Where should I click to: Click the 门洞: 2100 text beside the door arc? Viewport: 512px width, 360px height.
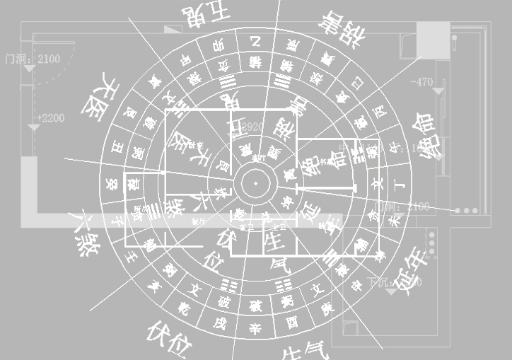[33, 59]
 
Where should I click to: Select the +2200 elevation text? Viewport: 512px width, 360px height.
[50, 117]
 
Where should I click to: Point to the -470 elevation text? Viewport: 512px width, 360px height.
[421, 82]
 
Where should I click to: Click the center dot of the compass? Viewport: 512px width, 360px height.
[255, 184]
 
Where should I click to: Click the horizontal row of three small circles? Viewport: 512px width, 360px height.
[467, 211]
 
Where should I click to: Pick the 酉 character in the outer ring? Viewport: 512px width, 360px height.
[291, 323]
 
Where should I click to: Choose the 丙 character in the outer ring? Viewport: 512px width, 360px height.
[380, 111]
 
